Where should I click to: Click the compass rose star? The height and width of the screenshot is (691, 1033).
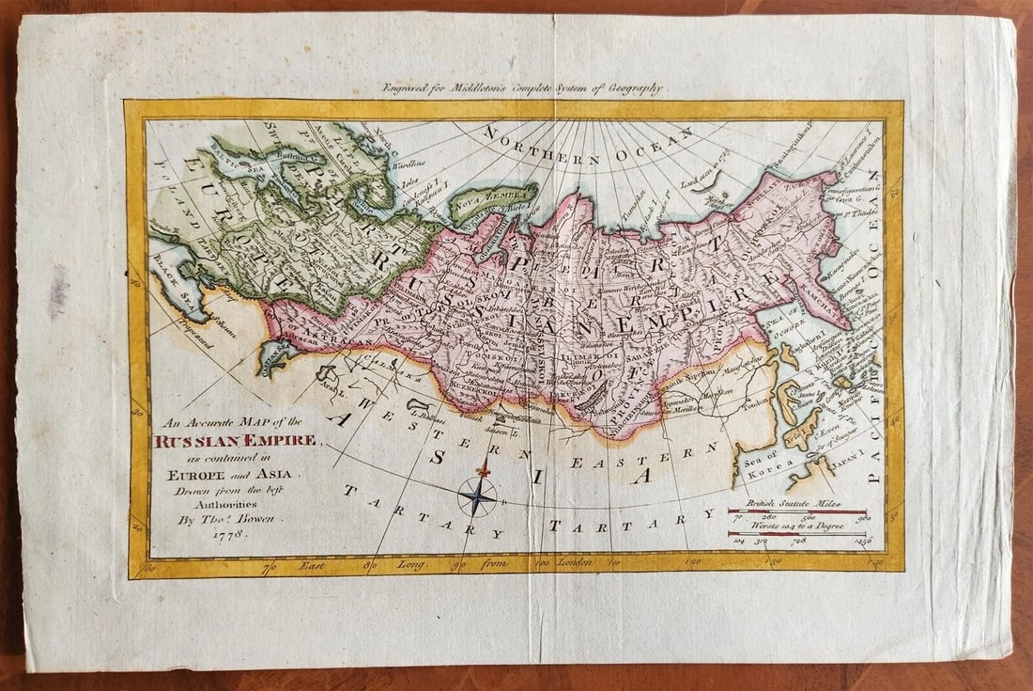click(x=477, y=495)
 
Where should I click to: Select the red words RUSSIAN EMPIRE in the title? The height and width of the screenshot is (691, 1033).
click(x=239, y=440)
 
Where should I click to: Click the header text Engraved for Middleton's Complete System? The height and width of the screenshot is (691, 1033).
click(x=522, y=88)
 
